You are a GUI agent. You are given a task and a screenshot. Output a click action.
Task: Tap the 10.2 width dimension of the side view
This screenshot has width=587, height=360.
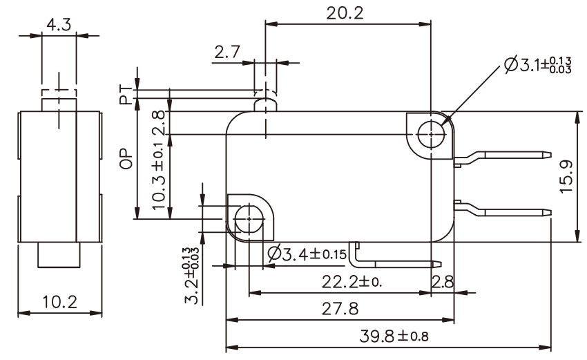59,303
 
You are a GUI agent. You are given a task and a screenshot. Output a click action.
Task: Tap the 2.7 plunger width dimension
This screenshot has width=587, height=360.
227,52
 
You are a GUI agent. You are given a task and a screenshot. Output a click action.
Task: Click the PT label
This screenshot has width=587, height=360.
126,95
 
